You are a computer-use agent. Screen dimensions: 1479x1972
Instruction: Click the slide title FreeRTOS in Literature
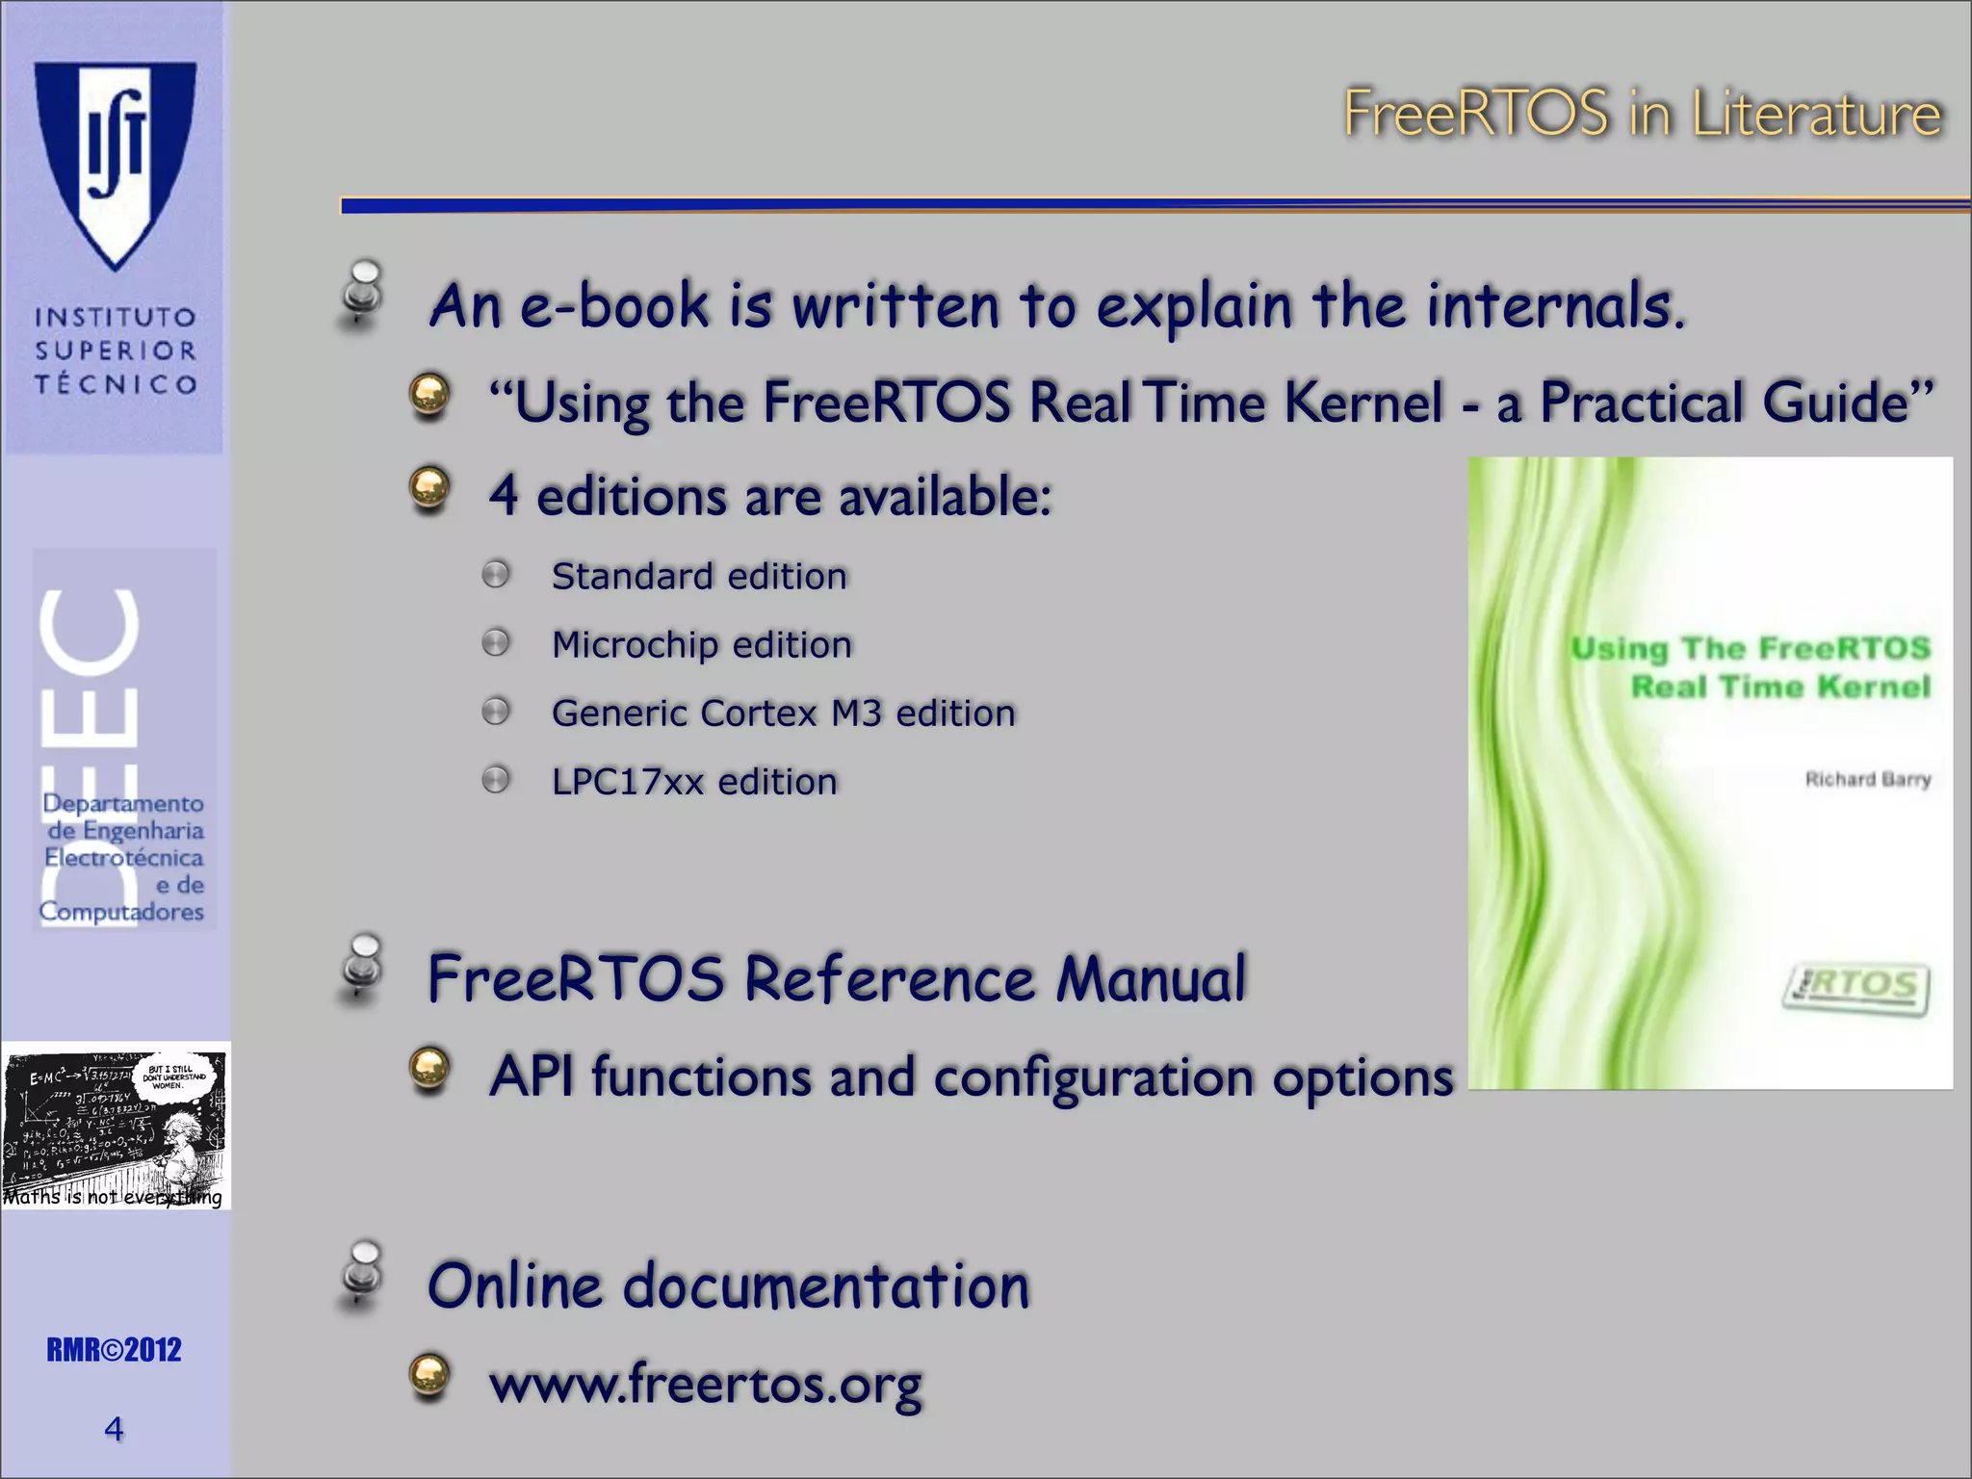tap(1642, 114)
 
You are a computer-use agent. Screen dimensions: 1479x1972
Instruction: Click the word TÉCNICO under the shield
tap(116, 384)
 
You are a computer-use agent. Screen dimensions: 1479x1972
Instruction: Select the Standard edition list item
tap(699, 577)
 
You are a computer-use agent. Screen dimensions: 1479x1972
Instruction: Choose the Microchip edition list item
tap(702, 645)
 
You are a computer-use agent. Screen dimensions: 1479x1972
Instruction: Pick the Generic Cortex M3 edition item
tap(783, 714)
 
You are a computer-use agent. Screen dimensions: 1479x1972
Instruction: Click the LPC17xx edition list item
tap(694, 782)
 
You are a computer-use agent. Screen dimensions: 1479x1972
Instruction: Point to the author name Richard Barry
tap(1867, 779)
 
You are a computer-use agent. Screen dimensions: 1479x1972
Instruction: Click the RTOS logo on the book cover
tap(1856, 988)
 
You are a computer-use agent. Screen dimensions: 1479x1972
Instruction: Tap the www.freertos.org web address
tap(706, 1385)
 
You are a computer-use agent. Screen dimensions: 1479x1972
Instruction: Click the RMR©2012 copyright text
tap(114, 1350)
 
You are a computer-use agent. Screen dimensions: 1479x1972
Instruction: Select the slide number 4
tap(114, 1429)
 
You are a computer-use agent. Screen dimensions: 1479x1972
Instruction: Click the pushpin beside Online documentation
tap(363, 1276)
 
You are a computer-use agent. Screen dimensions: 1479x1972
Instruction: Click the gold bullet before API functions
tap(429, 1071)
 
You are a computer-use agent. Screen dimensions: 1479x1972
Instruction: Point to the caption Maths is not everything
tap(113, 1197)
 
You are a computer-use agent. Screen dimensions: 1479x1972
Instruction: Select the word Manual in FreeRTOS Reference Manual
tap(1151, 979)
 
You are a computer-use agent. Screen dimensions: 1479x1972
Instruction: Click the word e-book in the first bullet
tap(614, 306)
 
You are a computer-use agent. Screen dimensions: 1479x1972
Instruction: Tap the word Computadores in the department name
tap(121, 912)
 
